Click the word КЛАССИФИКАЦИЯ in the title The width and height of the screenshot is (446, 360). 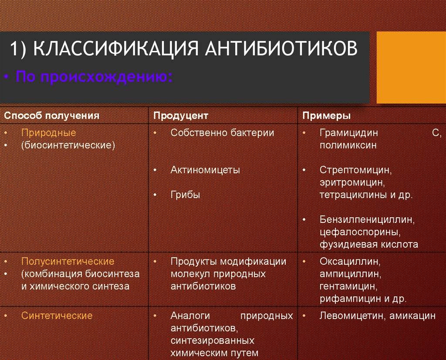115,48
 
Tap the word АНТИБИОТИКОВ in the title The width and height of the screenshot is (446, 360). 281,48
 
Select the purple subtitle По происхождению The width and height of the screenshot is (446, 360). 94,77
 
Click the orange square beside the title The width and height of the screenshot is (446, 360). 411,67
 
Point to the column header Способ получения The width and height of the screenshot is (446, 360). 51,115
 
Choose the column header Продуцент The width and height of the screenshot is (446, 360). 181,115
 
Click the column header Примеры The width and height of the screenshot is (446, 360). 327,115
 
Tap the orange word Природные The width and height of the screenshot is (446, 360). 49,132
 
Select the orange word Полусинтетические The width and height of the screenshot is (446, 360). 68,261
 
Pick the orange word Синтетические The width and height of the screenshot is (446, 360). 57,315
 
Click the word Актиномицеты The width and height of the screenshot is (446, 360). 205,170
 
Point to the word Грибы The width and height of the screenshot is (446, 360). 185,195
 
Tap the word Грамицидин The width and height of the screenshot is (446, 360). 349,132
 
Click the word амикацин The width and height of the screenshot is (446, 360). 412,316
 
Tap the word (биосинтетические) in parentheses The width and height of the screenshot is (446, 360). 68,145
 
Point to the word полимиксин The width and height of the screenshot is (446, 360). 348,145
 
